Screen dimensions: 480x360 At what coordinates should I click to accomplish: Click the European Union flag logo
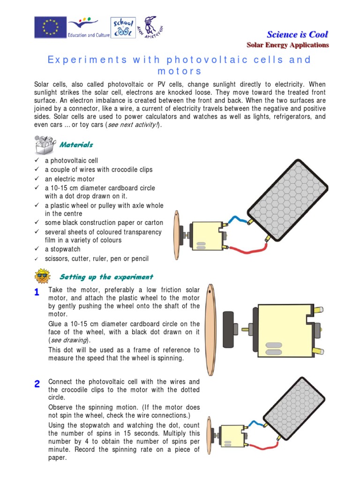coord(49,27)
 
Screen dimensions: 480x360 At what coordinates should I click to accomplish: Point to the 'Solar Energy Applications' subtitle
coord(288,45)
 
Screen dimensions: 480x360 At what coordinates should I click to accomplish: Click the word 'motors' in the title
coord(180,71)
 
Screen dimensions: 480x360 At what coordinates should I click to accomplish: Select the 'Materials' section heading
coord(75,145)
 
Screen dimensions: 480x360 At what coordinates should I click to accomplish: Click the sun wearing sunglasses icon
coord(43,276)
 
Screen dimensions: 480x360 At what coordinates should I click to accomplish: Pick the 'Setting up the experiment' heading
coord(106,277)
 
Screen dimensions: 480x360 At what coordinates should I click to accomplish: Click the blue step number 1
coord(37,292)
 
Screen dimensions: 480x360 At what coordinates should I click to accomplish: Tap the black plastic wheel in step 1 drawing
coord(229,329)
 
